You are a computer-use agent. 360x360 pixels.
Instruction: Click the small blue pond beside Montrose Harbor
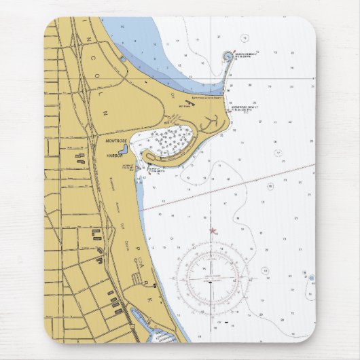[123, 149]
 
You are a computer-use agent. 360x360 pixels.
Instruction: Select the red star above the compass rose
[212, 231]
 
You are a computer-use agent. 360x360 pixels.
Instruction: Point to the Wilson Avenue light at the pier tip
[226, 54]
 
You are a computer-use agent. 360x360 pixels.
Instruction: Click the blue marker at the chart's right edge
[311, 278]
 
